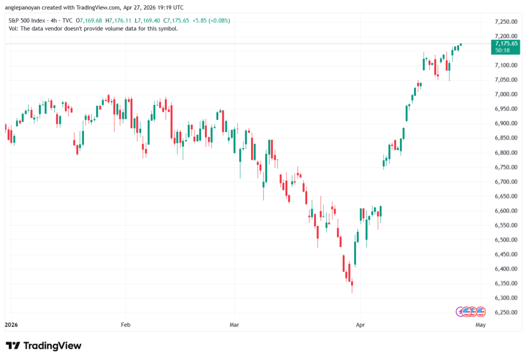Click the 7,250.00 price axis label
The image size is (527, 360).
click(506, 22)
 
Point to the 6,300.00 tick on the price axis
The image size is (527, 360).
click(506, 298)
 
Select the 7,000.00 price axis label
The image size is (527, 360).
click(506, 94)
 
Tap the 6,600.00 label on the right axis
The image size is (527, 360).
click(506, 211)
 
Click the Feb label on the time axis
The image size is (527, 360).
click(126, 324)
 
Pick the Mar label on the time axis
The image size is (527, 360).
click(234, 324)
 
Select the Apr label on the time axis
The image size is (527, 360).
click(360, 324)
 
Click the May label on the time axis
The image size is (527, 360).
click(481, 324)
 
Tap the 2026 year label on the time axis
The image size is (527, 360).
click(11, 324)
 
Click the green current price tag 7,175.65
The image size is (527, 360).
click(506, 43)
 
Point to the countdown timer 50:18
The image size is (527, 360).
click(502, 50)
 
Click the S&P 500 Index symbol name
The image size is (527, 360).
click(27, 21)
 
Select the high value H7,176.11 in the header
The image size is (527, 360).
click(118, 21)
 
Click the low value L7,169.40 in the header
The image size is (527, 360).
click(147, 21)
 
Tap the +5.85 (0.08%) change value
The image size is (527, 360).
click(211, 21)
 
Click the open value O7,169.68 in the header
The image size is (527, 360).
click(89, 21)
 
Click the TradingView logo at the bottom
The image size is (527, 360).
click(43, 346)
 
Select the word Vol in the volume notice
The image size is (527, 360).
click(13, 29)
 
